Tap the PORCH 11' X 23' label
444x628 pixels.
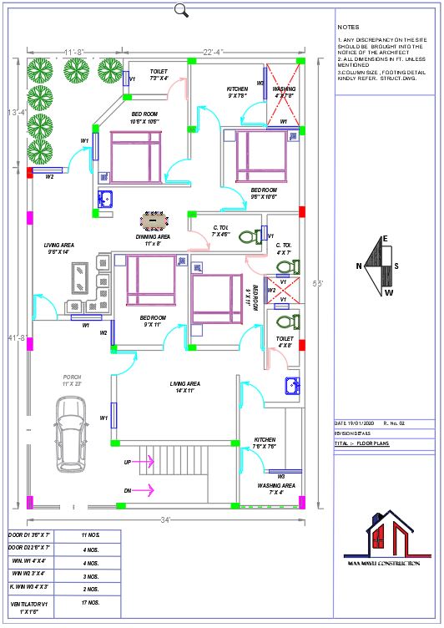click(x=73, y=381)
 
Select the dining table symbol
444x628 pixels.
click(x=154, y=222)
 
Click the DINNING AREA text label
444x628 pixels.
click(x=153, y=241)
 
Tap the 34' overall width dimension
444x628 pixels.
click(x=166, y=520)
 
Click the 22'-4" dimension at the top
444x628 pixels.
click(x=211, y=52)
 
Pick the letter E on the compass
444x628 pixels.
click(x=385, y=239)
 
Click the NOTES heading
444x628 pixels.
click(x=349, y=27)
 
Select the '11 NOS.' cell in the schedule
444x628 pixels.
click(x=91, y=534)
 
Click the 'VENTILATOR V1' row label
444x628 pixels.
click(x=31, y=605)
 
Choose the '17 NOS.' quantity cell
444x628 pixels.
click(x=91, y=602)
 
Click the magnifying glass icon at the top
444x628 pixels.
click(x=181, y=10)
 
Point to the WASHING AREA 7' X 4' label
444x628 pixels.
click(x=275, y=489)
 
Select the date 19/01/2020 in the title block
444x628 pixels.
click(x=359, y=424)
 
